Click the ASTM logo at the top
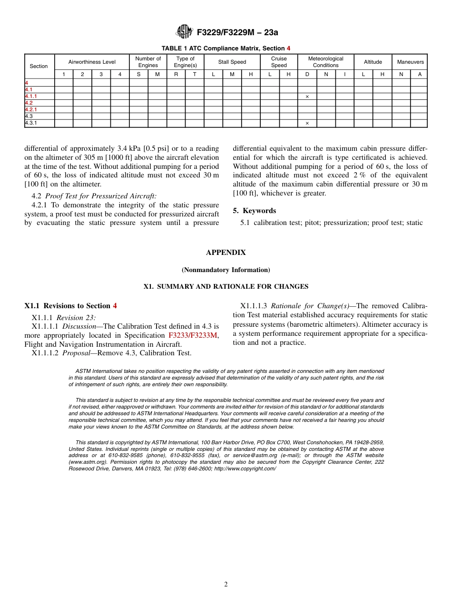(x=184, y=32)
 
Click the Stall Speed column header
(x=232, y=62)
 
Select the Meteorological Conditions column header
(x=325, y=62)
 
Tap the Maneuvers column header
(x=410, y=62)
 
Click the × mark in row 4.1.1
(x=307, y=97)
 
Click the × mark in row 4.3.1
(x=307, y=124)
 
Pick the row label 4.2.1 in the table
(x=31, y=110)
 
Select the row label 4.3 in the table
(x=29, y=117)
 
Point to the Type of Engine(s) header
(x=185, y=62)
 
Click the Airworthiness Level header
(x=92, y=62)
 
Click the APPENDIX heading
(x=226, y=253)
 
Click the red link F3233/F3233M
(x=193, y=335)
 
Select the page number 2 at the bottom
(x=226, y=585)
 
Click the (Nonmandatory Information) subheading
(x=226, y=270)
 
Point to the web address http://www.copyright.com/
(x=245, y=468)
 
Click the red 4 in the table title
(x=288, y=49)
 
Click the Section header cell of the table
(x=39, y=66)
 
